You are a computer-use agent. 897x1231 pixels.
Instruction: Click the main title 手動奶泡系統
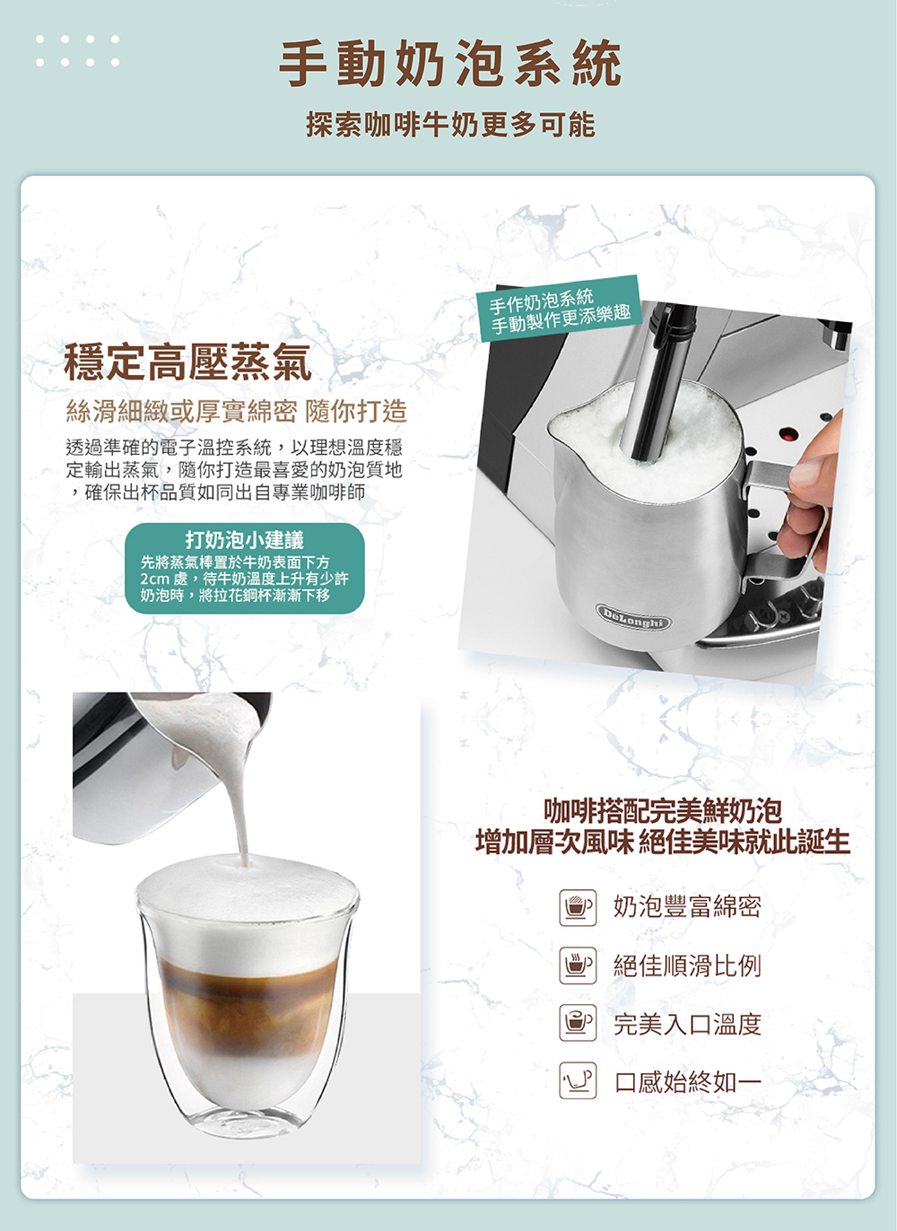(x=450, y=63)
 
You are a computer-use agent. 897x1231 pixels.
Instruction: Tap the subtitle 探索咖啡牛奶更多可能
(x=450, y=124)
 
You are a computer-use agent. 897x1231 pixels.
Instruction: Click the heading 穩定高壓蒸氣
(x=187, y=362)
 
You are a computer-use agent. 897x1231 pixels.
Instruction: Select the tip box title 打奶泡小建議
(x=245, y=539)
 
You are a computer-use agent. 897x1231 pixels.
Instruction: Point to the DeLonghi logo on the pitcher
(x=633, y=615)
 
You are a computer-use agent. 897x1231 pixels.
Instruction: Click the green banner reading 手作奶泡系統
(x=559, y=309)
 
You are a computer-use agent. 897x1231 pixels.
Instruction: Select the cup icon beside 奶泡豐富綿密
(x=578, y=908)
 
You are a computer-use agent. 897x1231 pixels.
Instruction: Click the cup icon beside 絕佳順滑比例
(x=578, y=965)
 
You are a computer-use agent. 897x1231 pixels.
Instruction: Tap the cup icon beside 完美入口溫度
(x=578, y=1023)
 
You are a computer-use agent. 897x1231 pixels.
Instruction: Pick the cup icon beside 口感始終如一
(x=578, y=1080)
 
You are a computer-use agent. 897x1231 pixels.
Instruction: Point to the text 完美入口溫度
(x=688, y=1024)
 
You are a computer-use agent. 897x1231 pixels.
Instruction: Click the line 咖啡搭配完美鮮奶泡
(x=663, y=810)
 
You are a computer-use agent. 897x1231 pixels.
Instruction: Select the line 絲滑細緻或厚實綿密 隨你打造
(x=236, y=411)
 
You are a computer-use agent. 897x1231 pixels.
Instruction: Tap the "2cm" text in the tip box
(x=154, y=580)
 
